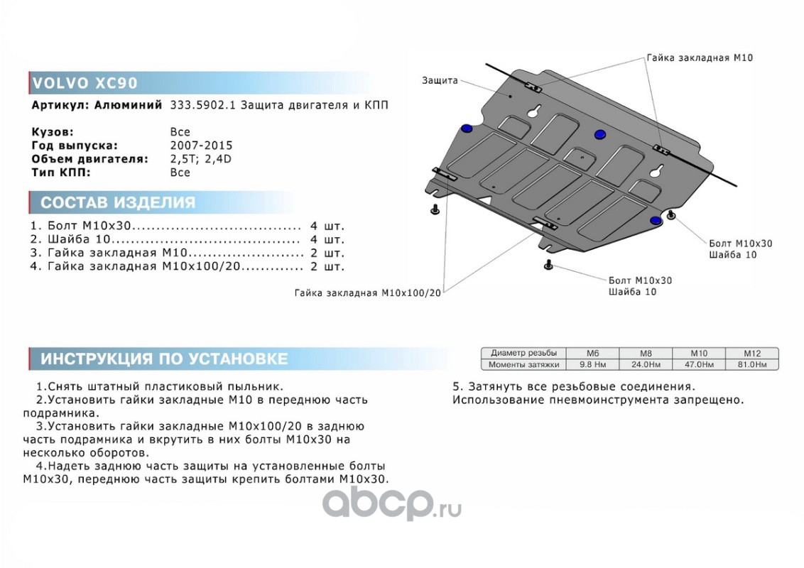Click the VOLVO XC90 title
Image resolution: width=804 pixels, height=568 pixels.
pyautogui.click(x=85, y=83)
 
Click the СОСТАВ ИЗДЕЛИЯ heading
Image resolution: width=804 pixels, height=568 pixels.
pyautogui.click(x=117, y=203)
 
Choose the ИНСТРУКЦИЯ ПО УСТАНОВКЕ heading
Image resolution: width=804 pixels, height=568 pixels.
pyautogui.click(x=163, y=359)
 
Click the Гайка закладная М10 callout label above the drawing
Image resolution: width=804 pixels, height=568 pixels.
pyautogui.click(x=699, y=58)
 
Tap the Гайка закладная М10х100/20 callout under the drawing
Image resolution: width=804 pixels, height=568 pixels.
pyautogui.click(x=368, y=292)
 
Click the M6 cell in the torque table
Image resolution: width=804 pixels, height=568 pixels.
pyautogui.click(x=592, y=353)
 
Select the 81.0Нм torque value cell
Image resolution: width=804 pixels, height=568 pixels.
pyautogui.click(x=751, y=364)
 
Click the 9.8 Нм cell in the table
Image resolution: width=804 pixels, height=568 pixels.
pyautogui.click(x=592, y=364)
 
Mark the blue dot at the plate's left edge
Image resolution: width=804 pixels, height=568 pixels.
pyautogui.click(x=467, y=128)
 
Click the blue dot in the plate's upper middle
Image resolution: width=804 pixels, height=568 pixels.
pyautogui.click(x=599, y=135)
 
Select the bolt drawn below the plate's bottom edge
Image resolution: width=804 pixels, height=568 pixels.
pyautogui.click(x=548, y=266)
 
